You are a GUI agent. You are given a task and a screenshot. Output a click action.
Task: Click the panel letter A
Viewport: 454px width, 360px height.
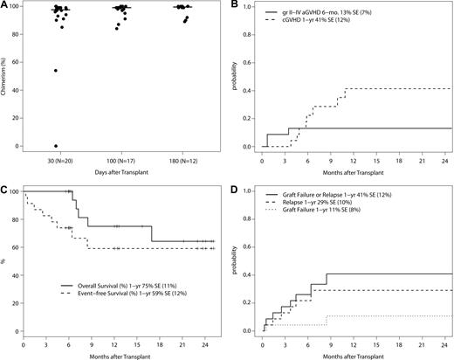5,6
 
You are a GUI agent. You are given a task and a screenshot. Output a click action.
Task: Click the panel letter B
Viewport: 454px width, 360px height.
236,6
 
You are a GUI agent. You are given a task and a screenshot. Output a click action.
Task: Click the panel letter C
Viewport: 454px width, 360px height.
5,186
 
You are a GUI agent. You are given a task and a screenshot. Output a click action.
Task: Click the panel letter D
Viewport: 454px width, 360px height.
236,186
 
